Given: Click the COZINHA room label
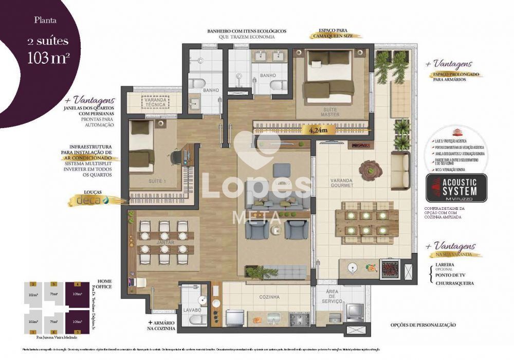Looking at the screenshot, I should coord(269,297).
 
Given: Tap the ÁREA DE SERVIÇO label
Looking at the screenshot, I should coord(339,297).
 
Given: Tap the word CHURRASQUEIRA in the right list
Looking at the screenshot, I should coord(453,283).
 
